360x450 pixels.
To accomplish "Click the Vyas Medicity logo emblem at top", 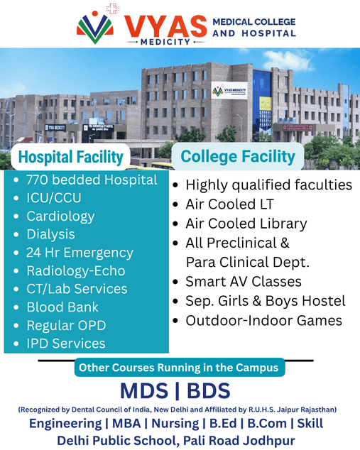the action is [94, 27].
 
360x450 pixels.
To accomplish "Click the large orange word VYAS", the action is [165, 26].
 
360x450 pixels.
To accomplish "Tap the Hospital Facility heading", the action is [70, 157].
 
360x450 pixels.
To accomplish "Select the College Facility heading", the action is [238, 156].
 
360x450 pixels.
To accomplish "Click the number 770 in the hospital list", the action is [37, 180].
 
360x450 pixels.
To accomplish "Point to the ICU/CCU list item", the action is [54, 198].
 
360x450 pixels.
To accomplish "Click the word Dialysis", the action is [51, 234].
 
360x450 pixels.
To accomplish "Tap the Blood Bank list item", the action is [62, 307].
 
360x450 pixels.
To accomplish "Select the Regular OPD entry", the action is [66, 326].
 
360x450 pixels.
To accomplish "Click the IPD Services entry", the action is [66, 344].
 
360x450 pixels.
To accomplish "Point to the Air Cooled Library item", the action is [246, 224].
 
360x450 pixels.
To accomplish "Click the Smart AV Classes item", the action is [244, 282].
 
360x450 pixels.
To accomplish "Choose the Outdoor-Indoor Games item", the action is [264, 321].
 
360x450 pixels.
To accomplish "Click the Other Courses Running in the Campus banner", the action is [180, 368].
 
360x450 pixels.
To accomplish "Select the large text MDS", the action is [144, 390].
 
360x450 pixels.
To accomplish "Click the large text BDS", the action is [209, 390].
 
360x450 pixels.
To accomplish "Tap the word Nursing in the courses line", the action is [175, 424].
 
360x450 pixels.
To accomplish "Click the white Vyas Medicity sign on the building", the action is [229, 90].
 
